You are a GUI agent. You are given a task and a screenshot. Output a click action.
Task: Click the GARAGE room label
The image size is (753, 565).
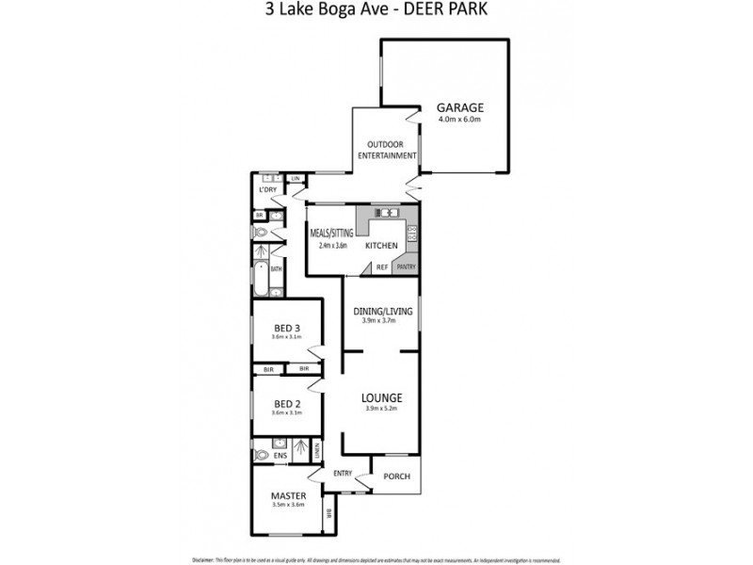(x=459, y=107)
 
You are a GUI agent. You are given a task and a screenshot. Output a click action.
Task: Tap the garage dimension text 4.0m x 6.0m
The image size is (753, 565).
(x=459, y=120)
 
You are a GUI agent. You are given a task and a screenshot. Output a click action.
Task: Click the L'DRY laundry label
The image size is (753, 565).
(x=268, y=190)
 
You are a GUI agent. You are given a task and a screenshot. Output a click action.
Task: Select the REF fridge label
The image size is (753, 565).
(x=382, y=267)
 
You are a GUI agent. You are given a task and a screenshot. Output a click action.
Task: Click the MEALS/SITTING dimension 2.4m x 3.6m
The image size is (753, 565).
(x=332, y=246)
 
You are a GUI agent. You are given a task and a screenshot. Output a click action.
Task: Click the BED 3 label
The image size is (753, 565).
(x=286, y=328)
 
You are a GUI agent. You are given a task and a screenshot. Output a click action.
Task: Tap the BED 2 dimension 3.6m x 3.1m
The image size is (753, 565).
(x=286, y=413)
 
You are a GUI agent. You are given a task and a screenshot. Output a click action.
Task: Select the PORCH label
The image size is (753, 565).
(x=397, y=476)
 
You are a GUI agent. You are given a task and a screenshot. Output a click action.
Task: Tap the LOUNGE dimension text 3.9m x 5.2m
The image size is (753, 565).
(x=382, y=409)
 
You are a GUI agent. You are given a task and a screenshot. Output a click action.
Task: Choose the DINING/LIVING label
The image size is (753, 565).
(x=380, y=311)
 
